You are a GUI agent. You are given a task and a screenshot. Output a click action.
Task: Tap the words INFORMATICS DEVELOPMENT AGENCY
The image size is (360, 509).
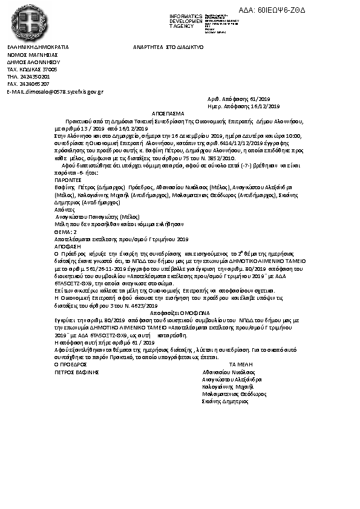click(x=186, y=21)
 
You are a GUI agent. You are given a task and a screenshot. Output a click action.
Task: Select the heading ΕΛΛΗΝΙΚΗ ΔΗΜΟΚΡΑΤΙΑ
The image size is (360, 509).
click(x=38, y=47)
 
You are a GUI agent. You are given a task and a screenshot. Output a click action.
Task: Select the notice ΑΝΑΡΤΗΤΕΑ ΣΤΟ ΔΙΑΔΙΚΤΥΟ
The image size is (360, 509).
click(x=168, y=47)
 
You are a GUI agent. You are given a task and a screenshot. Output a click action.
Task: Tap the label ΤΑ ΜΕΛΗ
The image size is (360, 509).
click(x=241, y=365)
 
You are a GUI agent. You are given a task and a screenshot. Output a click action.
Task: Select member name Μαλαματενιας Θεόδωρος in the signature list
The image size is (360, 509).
click(x=234, y=394)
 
